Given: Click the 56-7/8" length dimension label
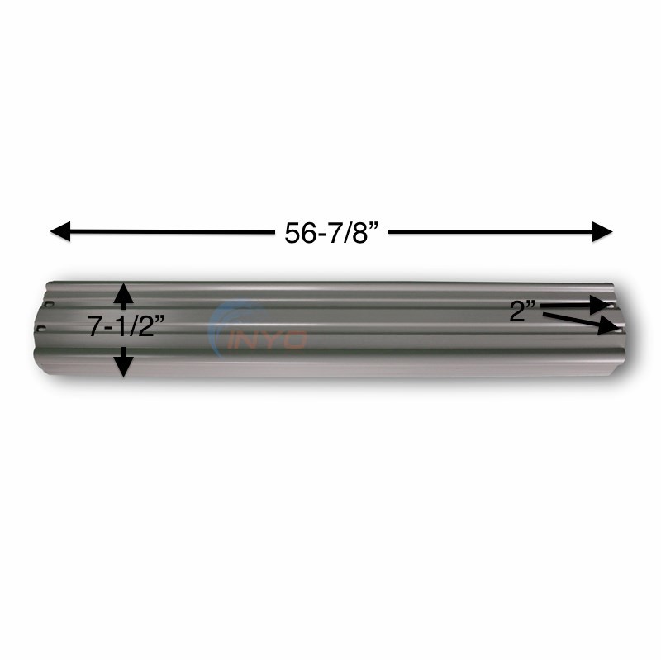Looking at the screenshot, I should coord(331,234).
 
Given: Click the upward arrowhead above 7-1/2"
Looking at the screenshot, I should coord(123,292).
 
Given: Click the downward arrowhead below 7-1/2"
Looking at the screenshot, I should coord(123,365).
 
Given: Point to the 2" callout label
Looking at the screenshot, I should coord(522,311).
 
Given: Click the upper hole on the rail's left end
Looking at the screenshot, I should coord(49,304).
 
